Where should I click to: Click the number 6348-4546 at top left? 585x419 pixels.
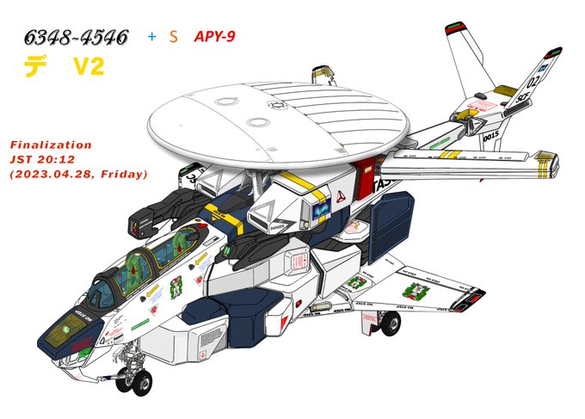[77, 37]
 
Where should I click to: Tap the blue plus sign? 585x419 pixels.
[152, 36]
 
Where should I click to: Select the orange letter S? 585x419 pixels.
[174, 36]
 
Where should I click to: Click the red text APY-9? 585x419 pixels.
[217, 36]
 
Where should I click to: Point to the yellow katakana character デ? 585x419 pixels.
[35, 67]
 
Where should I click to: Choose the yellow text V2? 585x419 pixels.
[87, 67]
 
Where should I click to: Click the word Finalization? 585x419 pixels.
[49, 145]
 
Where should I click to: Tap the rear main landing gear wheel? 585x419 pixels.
[391, 323]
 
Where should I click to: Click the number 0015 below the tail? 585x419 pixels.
[492, 134]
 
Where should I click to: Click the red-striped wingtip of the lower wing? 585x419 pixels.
[471, 300]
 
